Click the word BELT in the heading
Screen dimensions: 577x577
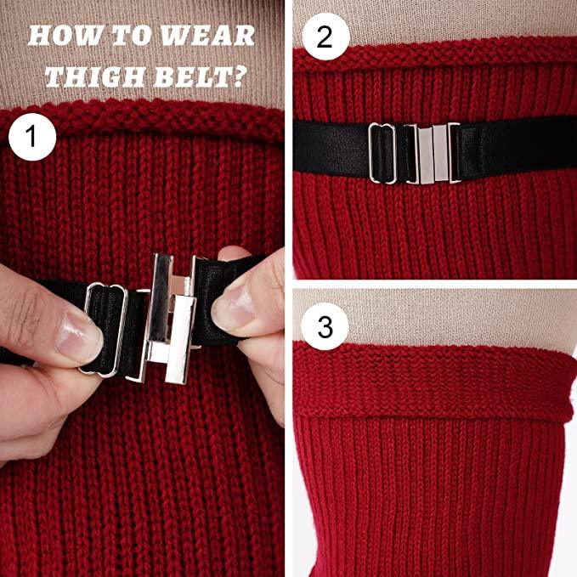[191, 76]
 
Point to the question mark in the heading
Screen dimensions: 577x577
[239, 76]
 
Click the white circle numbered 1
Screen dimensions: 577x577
[32, 137]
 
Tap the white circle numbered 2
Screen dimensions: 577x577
[325, 37]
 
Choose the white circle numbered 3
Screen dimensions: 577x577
[325, 326]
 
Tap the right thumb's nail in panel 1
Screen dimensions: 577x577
[231, 304]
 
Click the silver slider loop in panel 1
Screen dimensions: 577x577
[104, 330]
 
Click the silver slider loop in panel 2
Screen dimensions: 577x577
[382, 153]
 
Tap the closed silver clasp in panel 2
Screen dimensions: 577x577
[433, 154]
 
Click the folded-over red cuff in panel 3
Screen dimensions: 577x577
[434, 382]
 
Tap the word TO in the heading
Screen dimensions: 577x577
[131, 36]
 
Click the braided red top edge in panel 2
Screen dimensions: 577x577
[435, 55]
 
